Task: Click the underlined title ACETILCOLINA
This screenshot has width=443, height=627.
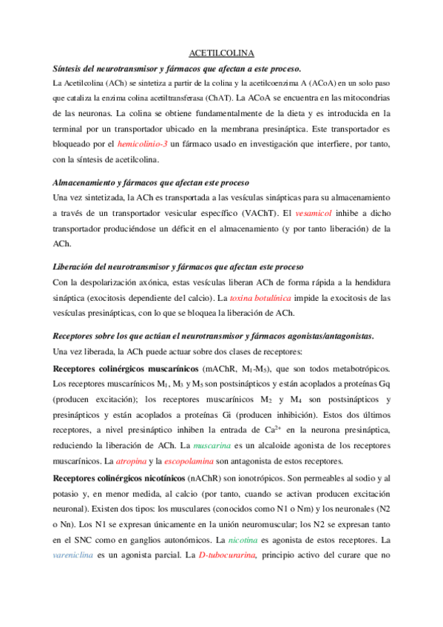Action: coord(222,53)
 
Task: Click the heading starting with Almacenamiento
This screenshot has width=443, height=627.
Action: coord(151,182)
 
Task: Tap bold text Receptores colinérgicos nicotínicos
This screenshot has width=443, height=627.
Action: coord(119,477)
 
